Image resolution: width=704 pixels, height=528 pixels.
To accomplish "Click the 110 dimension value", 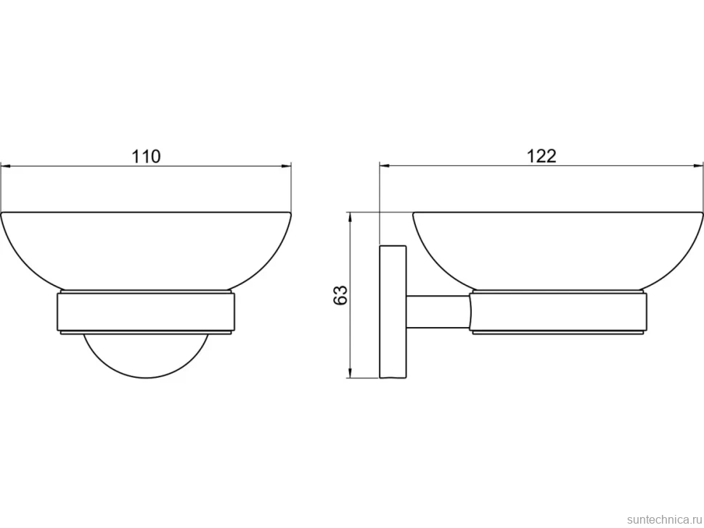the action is pyautogui.click(x=145, y=157).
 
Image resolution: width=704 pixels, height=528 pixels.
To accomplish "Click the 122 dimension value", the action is pyautogui.click(x=541, y=156).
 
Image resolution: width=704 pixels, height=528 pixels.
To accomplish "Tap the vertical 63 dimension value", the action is pyautogui.click(x=341, y=295).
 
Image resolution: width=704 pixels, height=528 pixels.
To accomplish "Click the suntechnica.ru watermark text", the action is pyautogui.click(x=664, y=519).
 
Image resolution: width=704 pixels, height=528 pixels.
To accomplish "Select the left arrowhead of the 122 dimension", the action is pyautogui.click(x=385, y=166).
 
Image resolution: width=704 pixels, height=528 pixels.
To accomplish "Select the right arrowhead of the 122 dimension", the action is pyautogui.click(x=698, y=166).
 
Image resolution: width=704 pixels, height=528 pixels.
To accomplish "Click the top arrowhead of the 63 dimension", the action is pyautogui.click(x=350, y=218).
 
